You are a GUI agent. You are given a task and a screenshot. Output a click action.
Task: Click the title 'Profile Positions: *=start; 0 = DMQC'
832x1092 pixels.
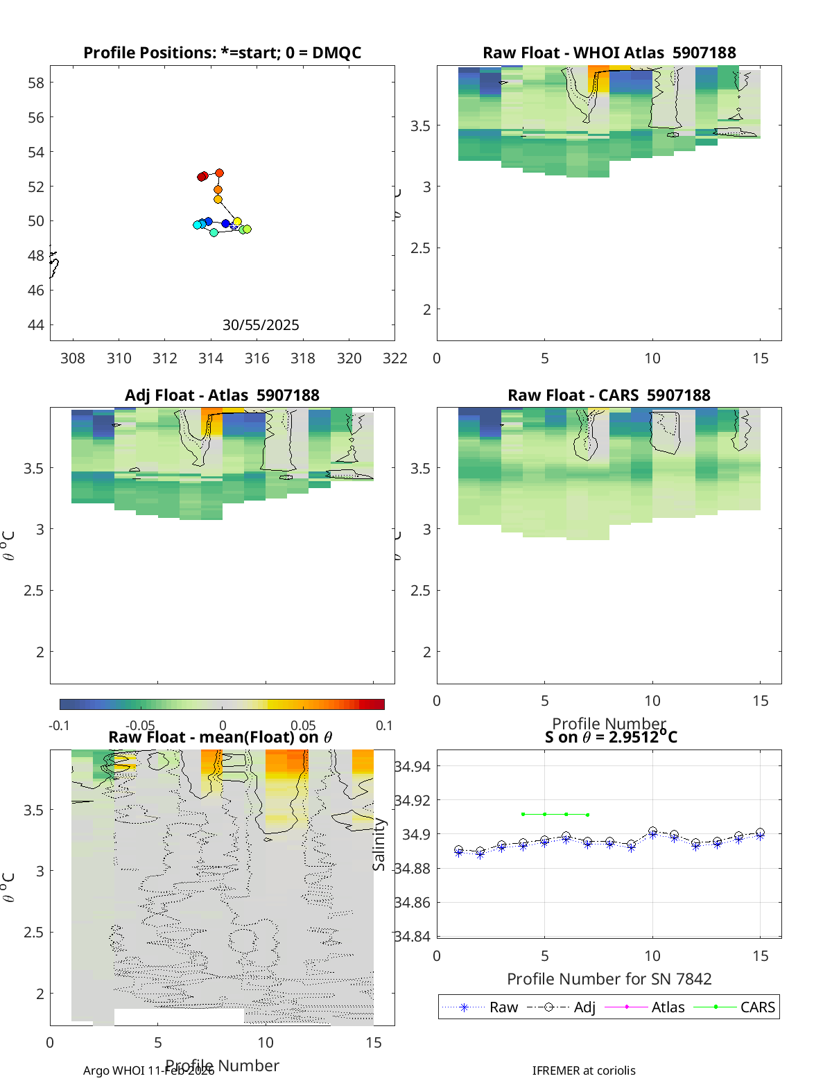222,53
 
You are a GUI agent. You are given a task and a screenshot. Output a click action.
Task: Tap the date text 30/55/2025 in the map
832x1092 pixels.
261,325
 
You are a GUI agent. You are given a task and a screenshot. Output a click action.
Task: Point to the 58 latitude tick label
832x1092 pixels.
35,83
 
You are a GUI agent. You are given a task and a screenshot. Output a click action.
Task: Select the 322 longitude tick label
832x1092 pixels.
395,358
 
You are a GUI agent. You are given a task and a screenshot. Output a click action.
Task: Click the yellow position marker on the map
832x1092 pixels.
237,222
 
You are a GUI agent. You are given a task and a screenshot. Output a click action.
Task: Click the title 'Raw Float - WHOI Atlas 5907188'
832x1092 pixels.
609,53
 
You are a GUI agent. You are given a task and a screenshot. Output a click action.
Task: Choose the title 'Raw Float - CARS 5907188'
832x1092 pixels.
609,395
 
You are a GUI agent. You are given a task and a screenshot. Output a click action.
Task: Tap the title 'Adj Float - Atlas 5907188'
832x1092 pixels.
222,395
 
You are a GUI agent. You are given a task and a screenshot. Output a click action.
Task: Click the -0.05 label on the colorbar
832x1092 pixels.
140,725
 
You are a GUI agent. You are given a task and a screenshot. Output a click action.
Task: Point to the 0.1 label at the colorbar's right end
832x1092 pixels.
384,725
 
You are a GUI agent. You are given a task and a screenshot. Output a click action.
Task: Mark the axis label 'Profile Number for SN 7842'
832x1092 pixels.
609,979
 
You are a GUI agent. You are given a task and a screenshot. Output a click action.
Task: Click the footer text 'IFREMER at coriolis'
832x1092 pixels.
584,1071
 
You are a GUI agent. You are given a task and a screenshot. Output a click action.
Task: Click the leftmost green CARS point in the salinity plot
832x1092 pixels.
523,814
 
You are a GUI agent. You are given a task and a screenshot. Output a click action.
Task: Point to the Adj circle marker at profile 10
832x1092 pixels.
652,831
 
